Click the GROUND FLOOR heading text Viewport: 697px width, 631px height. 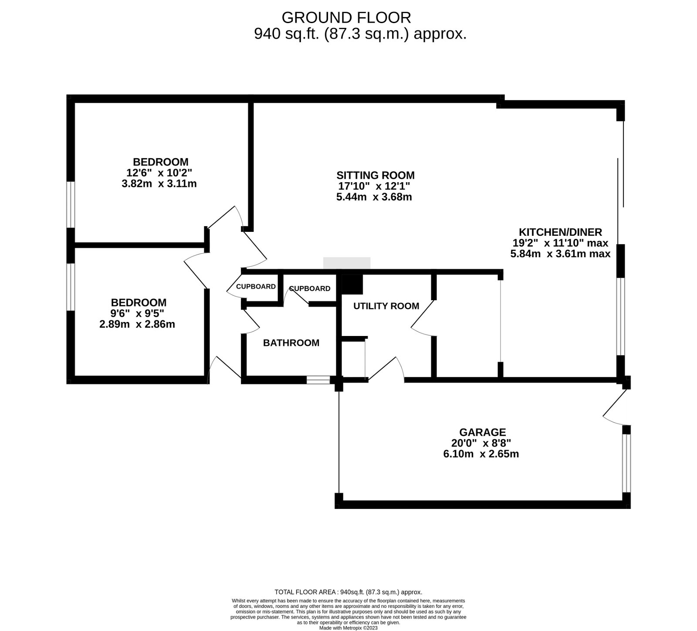(346, 18)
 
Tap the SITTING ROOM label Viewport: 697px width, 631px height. (376, 175)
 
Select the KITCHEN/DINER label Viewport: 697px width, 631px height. (560, 232)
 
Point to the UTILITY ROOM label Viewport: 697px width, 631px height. (386, 306)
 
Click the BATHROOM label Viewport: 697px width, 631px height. (291, 343)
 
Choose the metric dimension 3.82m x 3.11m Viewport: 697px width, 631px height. (159, 184)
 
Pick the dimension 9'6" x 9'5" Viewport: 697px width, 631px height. (137, 313)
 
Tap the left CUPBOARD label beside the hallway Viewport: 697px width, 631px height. (256, 287)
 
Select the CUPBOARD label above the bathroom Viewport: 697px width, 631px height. (310, 288)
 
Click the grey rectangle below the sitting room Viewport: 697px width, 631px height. (347, 263)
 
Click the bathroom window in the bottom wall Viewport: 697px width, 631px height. (318, 380)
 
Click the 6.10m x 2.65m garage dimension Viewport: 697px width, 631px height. (478, 454)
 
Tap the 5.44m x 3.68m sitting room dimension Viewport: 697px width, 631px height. (374, 197)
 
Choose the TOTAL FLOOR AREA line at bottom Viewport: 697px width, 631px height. (348, 592)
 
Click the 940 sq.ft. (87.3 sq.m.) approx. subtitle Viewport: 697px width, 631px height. (360, 34)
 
